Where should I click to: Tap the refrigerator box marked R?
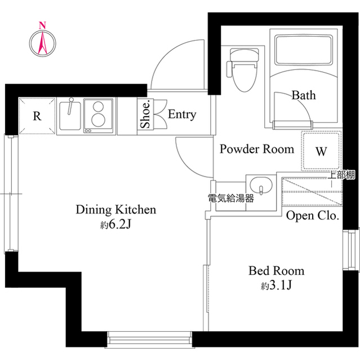click(x=37, y=117)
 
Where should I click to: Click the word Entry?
click(x=182, y=115)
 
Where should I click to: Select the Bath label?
click(x=303, y=95)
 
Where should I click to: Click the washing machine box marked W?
click(x=321, y=151)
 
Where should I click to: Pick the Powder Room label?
click(x=256, y=149)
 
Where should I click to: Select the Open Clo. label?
click(x=312, y=215)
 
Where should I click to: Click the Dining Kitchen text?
click(x=115, y=210)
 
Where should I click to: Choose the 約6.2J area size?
click(x=116, y=225)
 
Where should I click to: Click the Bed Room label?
click(x=276, y=271)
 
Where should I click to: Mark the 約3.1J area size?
click(x=276, y=285)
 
